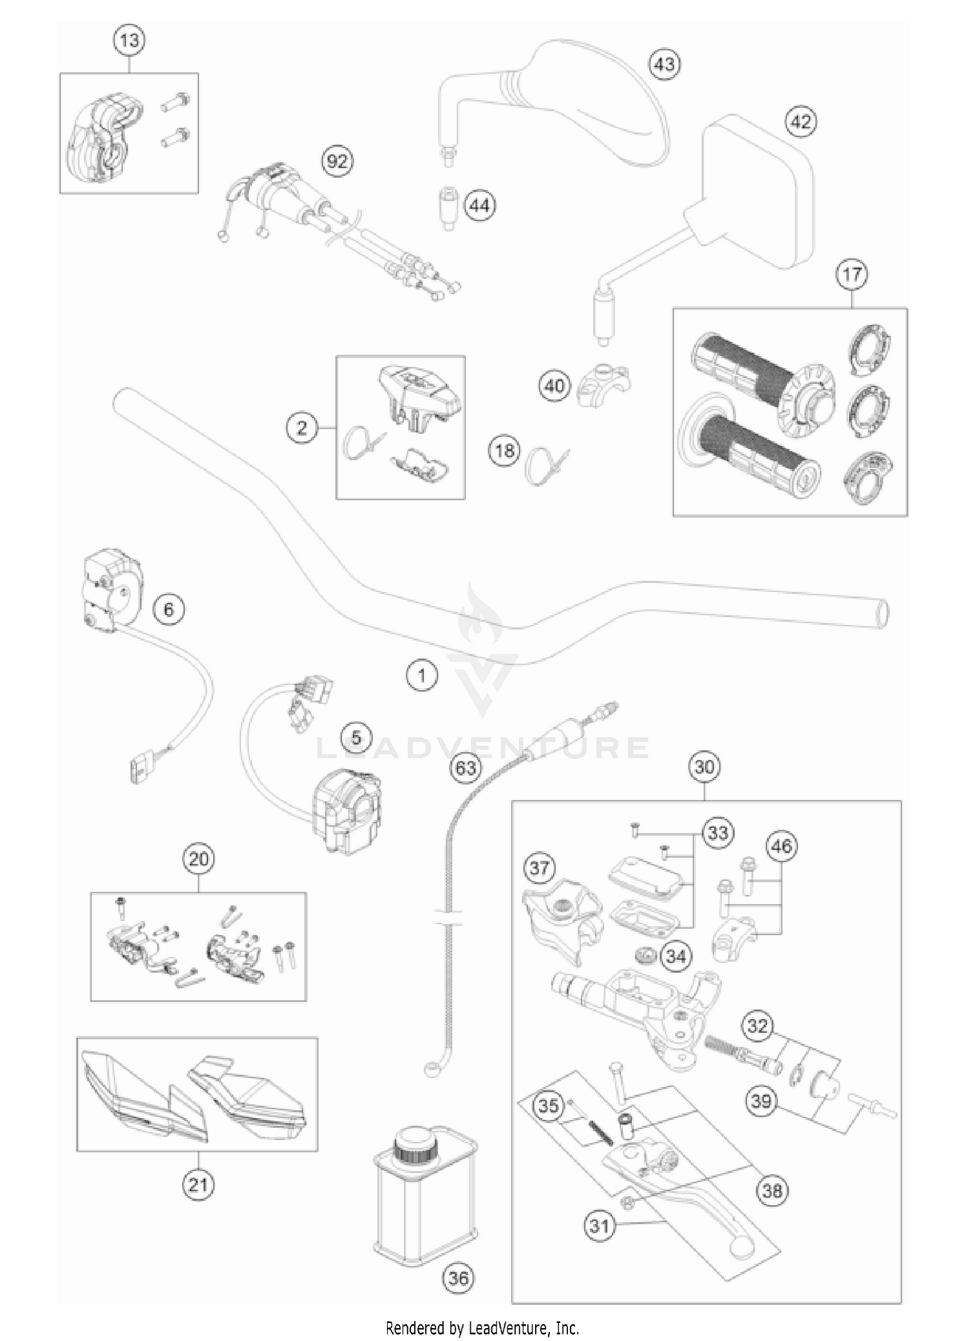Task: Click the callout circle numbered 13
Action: coord(129,41)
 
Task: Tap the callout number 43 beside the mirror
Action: coord(665,64)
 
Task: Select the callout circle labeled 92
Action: coord(337,161)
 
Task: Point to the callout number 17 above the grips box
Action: coord(851,274)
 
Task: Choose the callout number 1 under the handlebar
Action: coord(422,676)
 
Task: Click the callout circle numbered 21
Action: coord(198,1184)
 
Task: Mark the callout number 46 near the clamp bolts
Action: coord(781,846)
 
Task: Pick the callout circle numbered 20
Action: coord(198,859)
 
